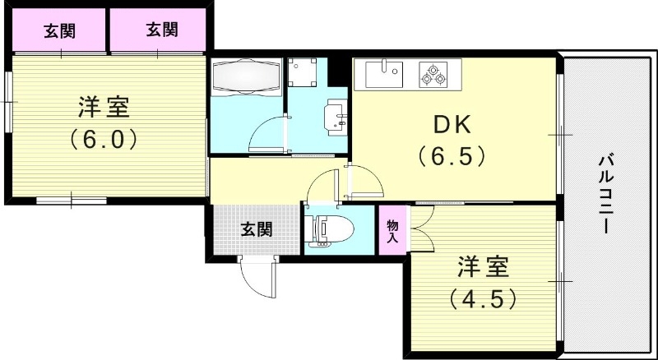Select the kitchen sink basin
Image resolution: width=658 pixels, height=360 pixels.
(383, 74)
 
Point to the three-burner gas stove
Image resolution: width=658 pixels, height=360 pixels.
(433, 74)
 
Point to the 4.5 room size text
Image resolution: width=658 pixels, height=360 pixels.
(483, 297)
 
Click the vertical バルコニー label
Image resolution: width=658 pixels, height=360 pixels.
(606, 193)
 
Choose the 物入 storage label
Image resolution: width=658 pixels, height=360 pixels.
(392, 231)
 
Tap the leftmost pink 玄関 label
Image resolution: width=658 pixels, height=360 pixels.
(59, 31)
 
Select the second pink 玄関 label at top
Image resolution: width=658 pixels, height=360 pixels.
(161, 31)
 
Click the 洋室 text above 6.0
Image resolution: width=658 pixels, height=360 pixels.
(103, 107)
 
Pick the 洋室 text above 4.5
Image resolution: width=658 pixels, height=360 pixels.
(483, 266)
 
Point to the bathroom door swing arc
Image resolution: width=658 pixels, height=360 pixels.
(267, 132)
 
